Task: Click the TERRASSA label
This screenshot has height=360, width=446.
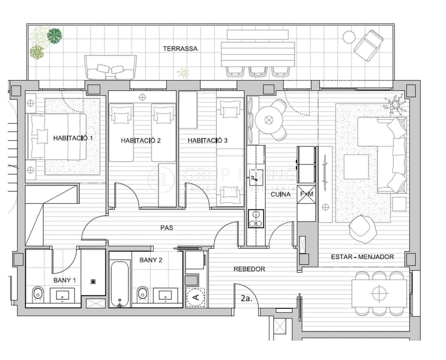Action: pos(180,49)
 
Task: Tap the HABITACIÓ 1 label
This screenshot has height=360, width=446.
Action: pos(73,138)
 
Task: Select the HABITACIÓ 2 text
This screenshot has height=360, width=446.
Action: pos(141,140)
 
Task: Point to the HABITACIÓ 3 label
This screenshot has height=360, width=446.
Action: pos(208,140)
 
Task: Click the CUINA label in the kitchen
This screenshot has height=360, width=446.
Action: pos(281,194)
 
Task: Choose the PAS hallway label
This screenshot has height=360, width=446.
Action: pos(167,228)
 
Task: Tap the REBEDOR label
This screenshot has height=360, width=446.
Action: pos(249,269)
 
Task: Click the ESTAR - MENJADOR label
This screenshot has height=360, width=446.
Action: pos(362,257)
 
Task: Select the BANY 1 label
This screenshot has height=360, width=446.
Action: pos(65,280)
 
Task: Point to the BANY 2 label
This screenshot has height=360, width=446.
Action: pos(151,260)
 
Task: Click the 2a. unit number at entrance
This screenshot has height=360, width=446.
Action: pos(246,298)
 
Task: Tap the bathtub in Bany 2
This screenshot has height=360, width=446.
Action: pos(120,283)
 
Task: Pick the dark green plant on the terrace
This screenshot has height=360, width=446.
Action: pos(55,36)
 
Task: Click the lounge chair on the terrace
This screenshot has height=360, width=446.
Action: pos(368,45)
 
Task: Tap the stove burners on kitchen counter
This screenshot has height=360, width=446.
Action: pos(256,219)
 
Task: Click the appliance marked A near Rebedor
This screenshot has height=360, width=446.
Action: pos(196,297)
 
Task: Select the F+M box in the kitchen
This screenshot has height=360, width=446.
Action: pos(306,194)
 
